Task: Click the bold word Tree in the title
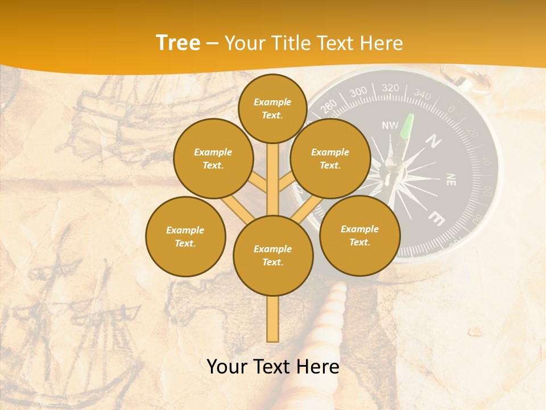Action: [178, 43]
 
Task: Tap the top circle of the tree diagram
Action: [272, 108]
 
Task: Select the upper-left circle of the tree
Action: [213, 158]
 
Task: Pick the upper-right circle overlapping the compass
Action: [330, 158]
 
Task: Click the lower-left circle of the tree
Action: [185, 236]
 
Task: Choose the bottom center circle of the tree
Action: [273, 256]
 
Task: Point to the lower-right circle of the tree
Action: [360, 235]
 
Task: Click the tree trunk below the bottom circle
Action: [273, 319]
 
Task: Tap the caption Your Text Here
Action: [273, 367]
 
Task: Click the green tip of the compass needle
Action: [408, 126]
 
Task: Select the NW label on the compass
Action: [390, 125]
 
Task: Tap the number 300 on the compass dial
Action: [358, 92]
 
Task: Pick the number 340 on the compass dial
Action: [422, 94]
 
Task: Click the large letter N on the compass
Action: [435, 140]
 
